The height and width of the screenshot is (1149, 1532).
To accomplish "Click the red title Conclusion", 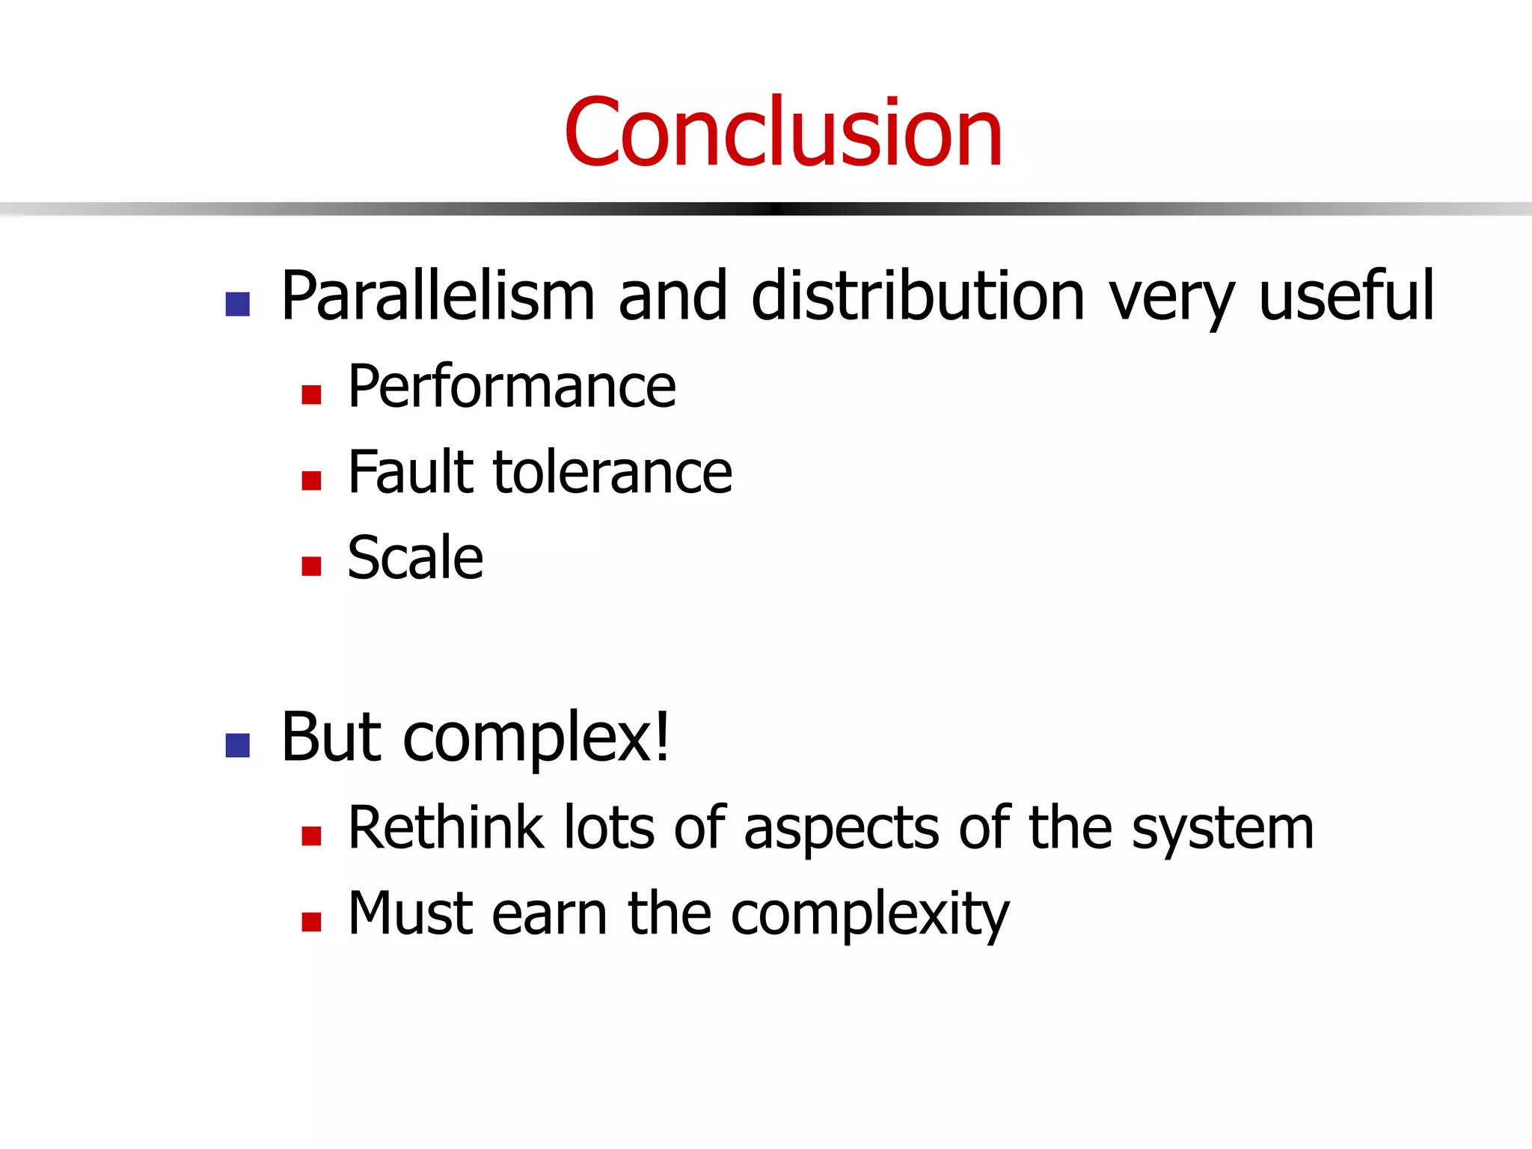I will (782, 133).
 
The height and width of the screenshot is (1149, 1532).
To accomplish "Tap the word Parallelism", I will (438, 297).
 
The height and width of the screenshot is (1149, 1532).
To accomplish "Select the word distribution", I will (918, 297).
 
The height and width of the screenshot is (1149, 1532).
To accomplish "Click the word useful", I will (1346, 297).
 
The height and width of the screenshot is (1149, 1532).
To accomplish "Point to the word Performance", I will (512, 387).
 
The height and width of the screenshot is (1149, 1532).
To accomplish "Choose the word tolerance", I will (613, 474).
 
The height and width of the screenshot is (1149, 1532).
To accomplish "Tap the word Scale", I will (415, 558).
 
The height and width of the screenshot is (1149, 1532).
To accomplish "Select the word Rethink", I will (446, 827).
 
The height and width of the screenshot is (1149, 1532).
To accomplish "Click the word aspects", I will (841, 829).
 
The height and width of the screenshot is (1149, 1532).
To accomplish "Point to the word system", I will (1222, 829).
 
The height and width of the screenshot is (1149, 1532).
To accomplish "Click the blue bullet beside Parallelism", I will (237, 304).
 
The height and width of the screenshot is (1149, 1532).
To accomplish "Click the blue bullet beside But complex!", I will (237, 745).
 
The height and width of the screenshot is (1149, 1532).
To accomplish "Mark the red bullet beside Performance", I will (311, 394).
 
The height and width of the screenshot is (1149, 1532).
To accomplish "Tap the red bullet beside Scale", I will (311, 566).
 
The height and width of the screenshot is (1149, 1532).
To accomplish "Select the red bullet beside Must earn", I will (311, 921).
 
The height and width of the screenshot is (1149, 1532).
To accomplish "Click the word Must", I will (409, 913).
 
